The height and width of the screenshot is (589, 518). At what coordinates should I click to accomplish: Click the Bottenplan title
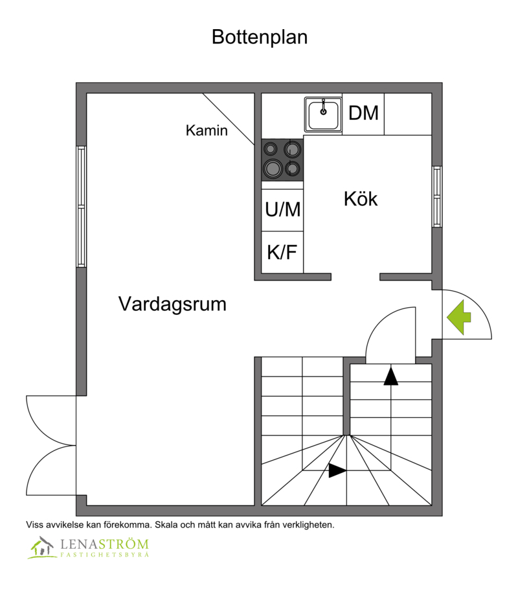pyautogui.click(x=260, y=38)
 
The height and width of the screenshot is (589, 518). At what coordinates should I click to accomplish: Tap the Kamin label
pyautogui.click(x=207, y=130)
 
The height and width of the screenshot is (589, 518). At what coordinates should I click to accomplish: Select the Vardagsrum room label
pyautogui.click(x=172, y=305)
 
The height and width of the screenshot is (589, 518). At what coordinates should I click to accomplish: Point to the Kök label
pyautogui.click(x=361, y=198)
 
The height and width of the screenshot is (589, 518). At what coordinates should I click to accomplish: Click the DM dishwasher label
pyautogui.click(x=363, y=113)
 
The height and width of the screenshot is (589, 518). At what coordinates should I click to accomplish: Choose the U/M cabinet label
pyautogui.click(x=283, y=209)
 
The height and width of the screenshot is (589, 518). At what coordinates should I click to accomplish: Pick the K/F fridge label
pyautogui.click(x=282, y=251)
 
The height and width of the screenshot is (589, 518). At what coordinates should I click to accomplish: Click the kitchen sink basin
pyautogui.click(x=323, y=115)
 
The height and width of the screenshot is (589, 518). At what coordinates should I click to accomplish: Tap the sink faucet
pyautogui.click(x=323, y=107)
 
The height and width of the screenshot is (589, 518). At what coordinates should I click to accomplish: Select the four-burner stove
pyautogui.click(x=282, y=160)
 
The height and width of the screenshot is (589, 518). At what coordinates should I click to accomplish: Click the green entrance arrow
pyautogui.click(x=458, y=317)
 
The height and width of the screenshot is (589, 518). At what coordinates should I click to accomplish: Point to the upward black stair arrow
pyautogui.click(x=390, y=376)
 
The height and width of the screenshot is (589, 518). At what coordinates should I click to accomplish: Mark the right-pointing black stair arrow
pyautogui.click(x=337, y=470)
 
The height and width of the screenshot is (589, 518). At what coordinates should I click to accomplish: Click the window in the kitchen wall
pyautogui.click(x=437, y=196)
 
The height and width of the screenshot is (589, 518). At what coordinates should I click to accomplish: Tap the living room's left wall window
pyautogui.click(x=82, y=207)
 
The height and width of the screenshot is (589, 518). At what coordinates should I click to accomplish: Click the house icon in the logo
pyautogui.click(x=41, y=548)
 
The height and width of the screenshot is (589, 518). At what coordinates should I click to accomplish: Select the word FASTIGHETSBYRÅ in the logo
pyautogui.click(x=105, y=555)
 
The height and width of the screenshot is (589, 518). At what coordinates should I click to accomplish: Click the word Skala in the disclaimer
pyautogui.click(x=166, y=525)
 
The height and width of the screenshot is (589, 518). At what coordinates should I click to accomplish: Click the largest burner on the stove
pyautogui.click(x=273, y=168)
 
